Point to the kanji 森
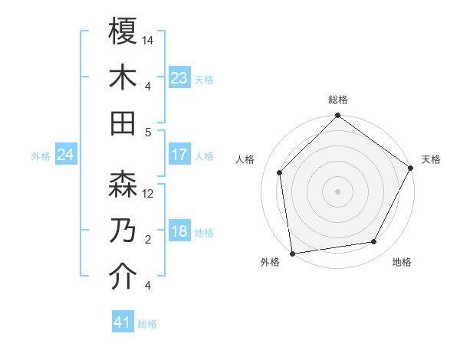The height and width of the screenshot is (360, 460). (123, 185)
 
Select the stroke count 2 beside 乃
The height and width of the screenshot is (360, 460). (147, 240)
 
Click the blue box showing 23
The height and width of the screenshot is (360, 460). (179, 78)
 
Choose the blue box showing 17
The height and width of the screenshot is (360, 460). (179, 155)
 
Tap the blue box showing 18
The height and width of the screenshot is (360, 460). (179, 232)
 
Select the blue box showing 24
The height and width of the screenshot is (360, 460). (66, 155)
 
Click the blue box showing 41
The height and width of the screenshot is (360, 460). (122, 322)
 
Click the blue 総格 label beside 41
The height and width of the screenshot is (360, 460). (147, 324)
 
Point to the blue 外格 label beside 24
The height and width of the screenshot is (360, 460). (41, 156)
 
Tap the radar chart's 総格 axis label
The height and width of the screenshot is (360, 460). (338, 100)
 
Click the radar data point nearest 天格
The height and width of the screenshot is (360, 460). (411, 169)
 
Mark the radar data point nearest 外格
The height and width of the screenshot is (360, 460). (292, 253)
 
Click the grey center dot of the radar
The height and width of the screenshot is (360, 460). (338, 191)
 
